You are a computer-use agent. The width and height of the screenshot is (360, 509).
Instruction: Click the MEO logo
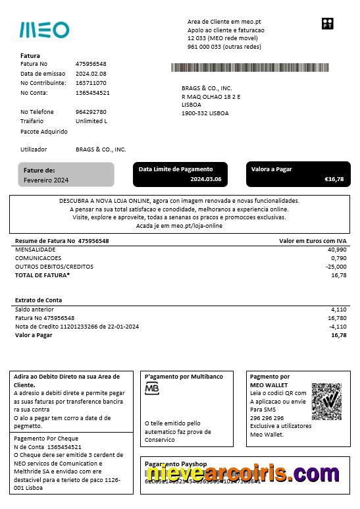(x=44, y=30)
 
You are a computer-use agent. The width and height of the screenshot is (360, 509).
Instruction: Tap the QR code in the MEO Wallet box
(x=326, y=401)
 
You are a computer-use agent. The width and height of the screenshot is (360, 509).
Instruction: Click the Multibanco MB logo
(x=152, y=388)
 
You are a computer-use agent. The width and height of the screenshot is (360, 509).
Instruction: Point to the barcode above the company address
(x=249, y=67)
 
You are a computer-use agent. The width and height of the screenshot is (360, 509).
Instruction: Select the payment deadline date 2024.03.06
(x=206, y=179)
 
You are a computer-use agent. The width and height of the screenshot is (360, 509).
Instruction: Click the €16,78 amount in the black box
(x=334, y=179)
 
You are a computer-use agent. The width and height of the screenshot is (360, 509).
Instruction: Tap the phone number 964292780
(x=91, y=112)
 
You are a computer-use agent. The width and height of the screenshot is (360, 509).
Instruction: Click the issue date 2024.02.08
(x=91, y=74)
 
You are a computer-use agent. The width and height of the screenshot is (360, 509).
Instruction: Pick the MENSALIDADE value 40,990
(x=336, y=250)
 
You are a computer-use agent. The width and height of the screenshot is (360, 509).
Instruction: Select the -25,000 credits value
(x=336, y=267)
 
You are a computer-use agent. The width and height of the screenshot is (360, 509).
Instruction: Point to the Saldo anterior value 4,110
(x=338, y=309)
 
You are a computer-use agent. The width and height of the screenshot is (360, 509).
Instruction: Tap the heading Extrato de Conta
(x=39, y=300)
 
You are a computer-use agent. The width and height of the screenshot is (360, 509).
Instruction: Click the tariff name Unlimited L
(x=91, y=121)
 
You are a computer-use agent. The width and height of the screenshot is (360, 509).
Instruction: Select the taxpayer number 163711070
(x=91, y=83)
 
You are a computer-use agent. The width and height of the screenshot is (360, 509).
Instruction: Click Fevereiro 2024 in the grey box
(x=46, y=180)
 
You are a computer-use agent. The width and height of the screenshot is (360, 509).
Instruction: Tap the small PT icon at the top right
(x=327, y=24)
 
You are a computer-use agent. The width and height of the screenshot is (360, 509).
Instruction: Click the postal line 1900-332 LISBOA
(x=205, y=113)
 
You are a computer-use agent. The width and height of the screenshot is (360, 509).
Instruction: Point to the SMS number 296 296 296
(x=267, y=417)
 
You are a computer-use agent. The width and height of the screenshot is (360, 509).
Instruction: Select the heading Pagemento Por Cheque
(x=46, y=439)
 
